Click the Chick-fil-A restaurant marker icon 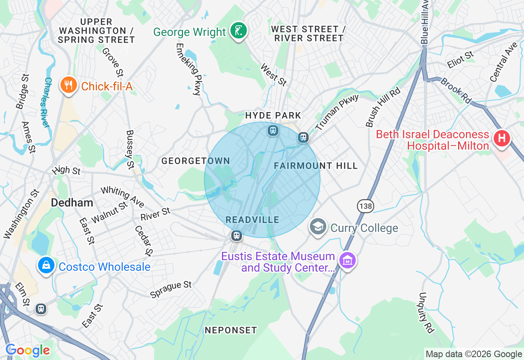pyautogui.click(x=68, y=85)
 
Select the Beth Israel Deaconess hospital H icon pyautogui.click(x=501, y=138)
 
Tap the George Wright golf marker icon pyautogui.click(x=239, y=31)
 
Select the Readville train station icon pyautogui.click(x=236, y=235)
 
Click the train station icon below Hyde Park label pyautogui.click(x=273, y=130)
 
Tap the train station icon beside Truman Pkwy pyautogui.click(x=303, y=137)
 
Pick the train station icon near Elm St pyautogui.click(x=41, y=309)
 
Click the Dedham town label pyautogui.click(x=72, y=203)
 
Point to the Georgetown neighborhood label pyautogui.click(x=196, y=161)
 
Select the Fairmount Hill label pyautogui.click(x=316, y=166)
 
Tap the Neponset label pyautogui.click(x=231, y=330)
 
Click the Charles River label pyautogui.click(x=47, y=102)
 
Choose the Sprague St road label pyautogui.click(x=171, y=290)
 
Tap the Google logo pyautogui.click(x=28, y=351)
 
